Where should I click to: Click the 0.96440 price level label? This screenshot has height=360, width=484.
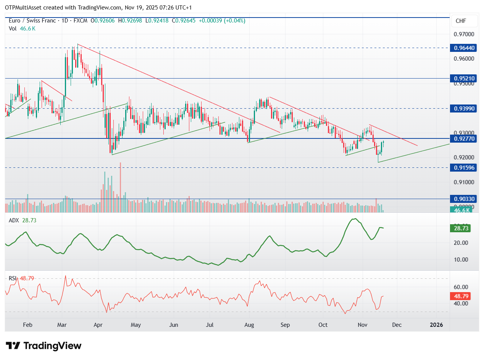[x=464, y=48]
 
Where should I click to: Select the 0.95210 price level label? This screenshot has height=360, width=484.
[x=464, y=79]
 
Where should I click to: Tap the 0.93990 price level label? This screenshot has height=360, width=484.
[x=464, y=108]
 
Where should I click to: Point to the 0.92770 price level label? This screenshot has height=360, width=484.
[x=464, y=139]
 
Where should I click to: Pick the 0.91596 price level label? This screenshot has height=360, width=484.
[x=464, y=167]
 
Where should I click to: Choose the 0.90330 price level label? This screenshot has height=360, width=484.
[x=464, y=199]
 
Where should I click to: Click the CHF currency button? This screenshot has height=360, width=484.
[x=464, y=21]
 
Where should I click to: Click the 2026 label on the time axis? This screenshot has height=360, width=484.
[x=436, y=325]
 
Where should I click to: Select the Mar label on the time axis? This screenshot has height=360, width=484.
[x=62, y=325]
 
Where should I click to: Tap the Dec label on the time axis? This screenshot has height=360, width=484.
[x=397, y=325]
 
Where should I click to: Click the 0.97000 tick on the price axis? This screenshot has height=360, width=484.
[x=464, y=34]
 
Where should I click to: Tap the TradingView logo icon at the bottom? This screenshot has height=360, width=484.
[x=13, y=346]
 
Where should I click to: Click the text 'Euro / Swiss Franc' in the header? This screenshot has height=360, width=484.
[x=33, y=21]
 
